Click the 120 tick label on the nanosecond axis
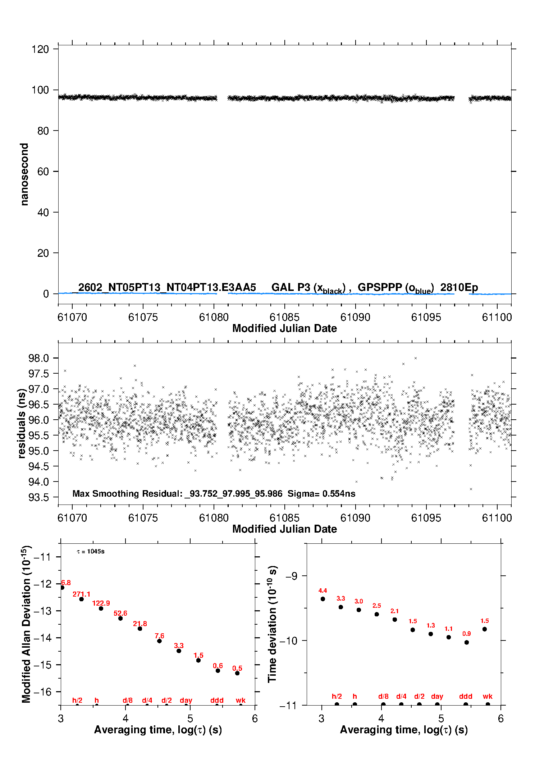pyautogui.click(x=40, y=49)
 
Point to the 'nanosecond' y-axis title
pyautogui.click(x=24, y=174)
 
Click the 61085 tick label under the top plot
pyautogui.click(x=284, y=317)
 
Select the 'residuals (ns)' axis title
pyautogui.click(x=22, y=423)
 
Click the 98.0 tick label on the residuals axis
pyautogui.click(x=38, y=358)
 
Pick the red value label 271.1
pyautogui.click(x=82, y=594)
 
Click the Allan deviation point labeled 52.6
pyautogui.click(x=120, y=618)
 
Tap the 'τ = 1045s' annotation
pyautogui.click(x=91, y=552)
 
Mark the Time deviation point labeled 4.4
pyautogui.click(x=323, y=599)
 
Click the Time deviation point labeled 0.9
pyautogui.click(x=467, y=642)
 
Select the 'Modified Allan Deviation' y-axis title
pyautogui.click(x=26, y=624)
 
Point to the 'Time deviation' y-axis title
pyautogui.click(x=272, y=624)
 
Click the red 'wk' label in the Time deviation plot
pyautogui.click(x=488, y=697)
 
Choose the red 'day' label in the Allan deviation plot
pyautogui.click(x=186, y=700)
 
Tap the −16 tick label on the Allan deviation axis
pyautogui.click(x=42, y=692)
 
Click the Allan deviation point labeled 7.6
pyautogui.click(x=159, y=641)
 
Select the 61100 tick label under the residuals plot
pyautogui.click(x=497, y=518)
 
